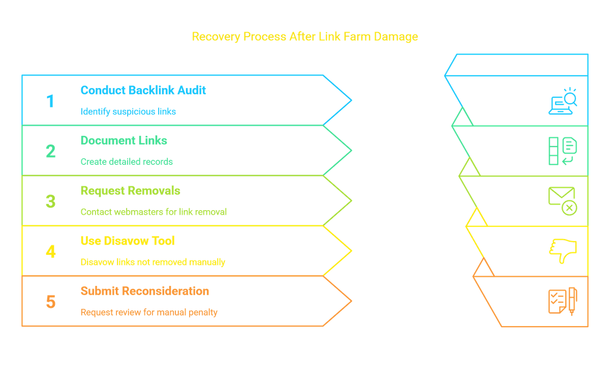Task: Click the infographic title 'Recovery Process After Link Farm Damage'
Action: (x=304, y=37)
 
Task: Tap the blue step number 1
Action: (x=50, y=101)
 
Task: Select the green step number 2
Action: (x=51, y=151)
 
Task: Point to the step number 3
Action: (x=51, y=202)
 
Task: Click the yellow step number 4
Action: (x=51, y=251)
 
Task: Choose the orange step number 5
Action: (x=51, y=302)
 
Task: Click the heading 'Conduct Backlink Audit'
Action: (x=143, y=90)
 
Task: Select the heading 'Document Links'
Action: (x=124, y=140)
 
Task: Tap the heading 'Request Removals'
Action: (x=131, y=191)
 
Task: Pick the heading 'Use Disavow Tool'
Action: (x=128, y=241)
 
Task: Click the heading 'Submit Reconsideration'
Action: (x=145, y=291)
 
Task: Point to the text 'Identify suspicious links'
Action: (x=128, y=111)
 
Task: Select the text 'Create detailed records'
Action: (x=127, y=162)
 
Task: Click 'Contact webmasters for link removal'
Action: (x=154, y=212)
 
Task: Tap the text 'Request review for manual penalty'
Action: (x=149, y=312)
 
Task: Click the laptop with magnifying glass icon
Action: (x=563, y=101)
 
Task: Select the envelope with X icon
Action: (x=563, y=201)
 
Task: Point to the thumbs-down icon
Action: (x=563, y=251)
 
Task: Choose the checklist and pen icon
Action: (x=563, y=301)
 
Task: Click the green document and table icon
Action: (x=563, y=151)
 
